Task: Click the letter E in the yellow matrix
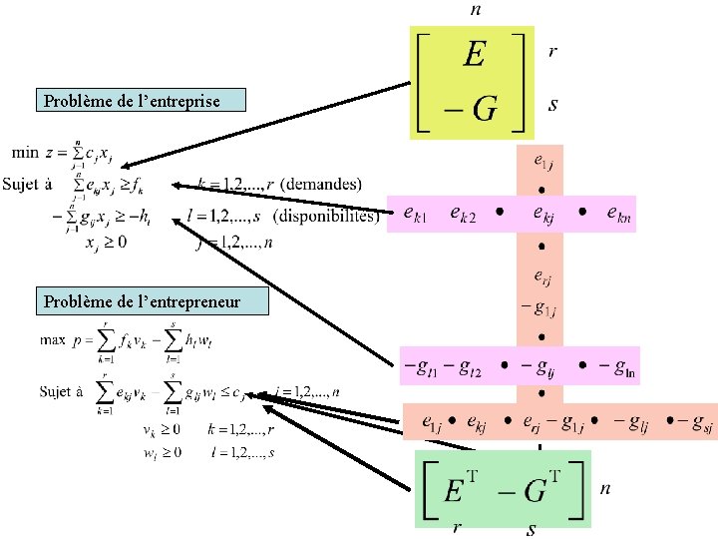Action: [x=474, y=54]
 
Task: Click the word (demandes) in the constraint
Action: [x=322, y=185]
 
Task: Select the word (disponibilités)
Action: [x=326, y=217]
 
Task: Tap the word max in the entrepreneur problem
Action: [x=53, y=340]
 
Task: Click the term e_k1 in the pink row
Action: [x=417, y=213]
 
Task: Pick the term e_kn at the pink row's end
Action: [x=619, y=213]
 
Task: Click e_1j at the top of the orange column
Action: [x=540, y=160]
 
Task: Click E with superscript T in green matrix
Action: [x=460, y=490]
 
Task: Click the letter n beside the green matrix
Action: [x=604, y=489]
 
